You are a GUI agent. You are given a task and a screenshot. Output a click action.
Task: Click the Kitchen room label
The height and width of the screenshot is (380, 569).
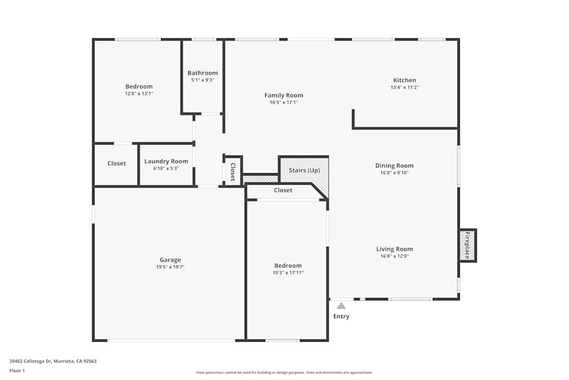(405, 80)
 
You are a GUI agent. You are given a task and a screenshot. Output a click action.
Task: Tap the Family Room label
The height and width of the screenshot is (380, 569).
(284, 95)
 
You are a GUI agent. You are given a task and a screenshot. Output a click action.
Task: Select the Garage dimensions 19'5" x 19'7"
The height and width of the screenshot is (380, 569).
(170, 267)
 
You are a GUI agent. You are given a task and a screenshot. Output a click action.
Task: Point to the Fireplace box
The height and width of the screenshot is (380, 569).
(468, 245)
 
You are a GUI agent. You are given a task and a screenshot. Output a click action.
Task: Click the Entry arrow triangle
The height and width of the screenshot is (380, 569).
(341, 306)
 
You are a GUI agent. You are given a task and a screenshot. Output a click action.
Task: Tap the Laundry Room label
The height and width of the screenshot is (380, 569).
(166, 161)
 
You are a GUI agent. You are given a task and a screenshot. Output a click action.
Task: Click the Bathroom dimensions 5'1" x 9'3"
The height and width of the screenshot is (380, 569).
(203, 80)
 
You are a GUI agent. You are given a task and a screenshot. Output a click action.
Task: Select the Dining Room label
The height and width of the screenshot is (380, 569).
(394, 166)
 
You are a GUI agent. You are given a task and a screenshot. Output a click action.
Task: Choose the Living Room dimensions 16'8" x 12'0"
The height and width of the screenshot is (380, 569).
(394, 256)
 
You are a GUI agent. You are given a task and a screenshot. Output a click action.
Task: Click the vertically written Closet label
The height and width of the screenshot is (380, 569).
(233, 172)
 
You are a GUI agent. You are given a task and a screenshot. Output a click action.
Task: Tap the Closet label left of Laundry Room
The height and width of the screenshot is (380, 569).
(117, 164)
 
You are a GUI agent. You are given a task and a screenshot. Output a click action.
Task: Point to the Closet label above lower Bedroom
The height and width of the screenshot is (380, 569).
(283, 190)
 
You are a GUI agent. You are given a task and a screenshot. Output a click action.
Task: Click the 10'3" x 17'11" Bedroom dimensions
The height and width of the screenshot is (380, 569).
(288, 273)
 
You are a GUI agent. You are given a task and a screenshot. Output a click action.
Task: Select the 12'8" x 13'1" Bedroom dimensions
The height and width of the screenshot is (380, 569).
(139, 94)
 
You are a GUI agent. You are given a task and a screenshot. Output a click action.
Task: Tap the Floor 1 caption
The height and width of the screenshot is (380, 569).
(17, 370)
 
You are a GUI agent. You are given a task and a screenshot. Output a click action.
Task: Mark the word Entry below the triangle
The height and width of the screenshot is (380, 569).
(341, 316)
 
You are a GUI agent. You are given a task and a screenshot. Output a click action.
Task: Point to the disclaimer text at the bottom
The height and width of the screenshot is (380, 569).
(284, 373)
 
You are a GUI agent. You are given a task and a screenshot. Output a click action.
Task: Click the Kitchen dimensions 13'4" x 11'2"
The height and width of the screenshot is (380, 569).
(405, 88)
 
